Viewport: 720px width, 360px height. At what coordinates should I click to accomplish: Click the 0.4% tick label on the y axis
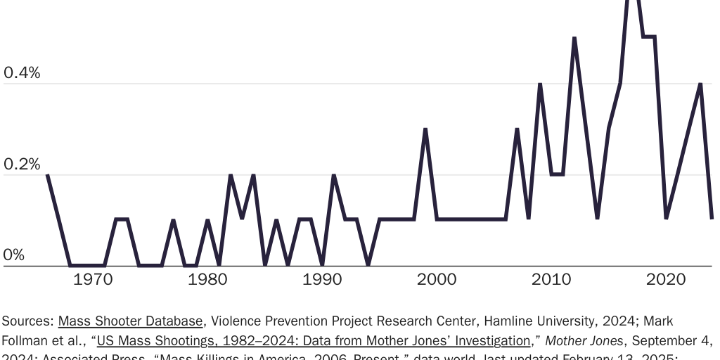click(x=22, y=73)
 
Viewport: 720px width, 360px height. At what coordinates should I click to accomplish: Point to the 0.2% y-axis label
click(x=22, y=165)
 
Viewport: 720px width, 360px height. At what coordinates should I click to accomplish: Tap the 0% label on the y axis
click(x=13, y=255)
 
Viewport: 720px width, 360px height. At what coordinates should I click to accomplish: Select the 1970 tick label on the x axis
click(x=93, y=280)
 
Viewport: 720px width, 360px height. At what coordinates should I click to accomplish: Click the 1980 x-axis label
click(x=207, y=280)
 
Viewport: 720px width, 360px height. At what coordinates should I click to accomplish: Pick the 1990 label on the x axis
click(x=322, y=280)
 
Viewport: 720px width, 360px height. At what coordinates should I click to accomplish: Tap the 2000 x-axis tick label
click(x=437, y=280)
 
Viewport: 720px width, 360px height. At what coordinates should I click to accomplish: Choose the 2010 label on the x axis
click(x=551, y=280)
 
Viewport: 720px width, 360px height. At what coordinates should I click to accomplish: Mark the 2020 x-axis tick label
click(x=666, y=280)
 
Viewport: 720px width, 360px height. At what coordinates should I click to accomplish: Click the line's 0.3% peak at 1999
click(x=425, y=130)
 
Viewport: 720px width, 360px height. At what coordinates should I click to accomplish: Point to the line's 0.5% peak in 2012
click(x=574, y=39)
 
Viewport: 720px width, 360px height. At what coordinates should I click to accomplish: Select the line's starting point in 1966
click(x=47, y=175)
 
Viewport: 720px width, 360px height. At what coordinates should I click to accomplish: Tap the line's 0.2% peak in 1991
click(x=333, y=175)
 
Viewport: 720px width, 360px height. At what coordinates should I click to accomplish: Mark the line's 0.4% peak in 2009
click(x=540, y=84)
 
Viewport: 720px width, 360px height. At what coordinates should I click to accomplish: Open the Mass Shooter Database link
click(x=131, y=321)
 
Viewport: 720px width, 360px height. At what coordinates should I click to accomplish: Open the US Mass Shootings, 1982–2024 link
click(x=314, y=341)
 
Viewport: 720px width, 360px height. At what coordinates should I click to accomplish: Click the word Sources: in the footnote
click(x=28, y=321)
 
